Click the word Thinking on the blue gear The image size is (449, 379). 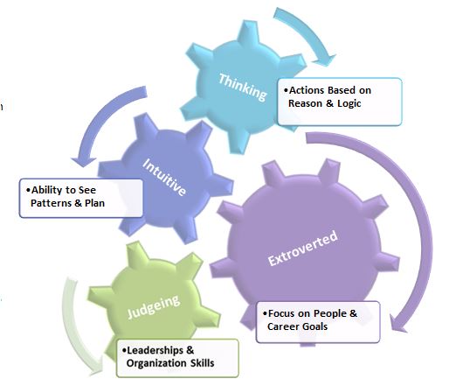[x=243, y=88]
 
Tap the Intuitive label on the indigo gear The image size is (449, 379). [x=164, y=177]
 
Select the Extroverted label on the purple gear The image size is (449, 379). [x=303, y=248]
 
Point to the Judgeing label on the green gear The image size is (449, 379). [x=154, y=306]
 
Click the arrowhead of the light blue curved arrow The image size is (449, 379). [x=324, y=60]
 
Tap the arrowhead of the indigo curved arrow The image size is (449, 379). [x=84, y=162]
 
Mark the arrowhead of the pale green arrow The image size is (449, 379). [x=96, y=370]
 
